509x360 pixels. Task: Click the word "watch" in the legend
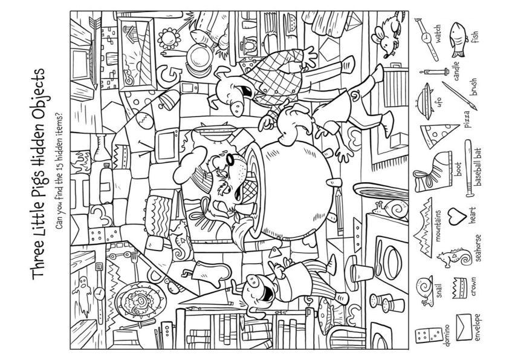[x=438, y=34]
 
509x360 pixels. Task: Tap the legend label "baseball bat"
[x=478, y=167]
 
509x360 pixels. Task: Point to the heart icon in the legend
[x=458, y=217]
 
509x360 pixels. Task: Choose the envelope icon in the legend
[x=464, y=327]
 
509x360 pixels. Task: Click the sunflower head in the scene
[x=169, y=39]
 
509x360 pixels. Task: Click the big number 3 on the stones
[x=100, y=215]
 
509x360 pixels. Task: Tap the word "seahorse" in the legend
[x=478, y=247]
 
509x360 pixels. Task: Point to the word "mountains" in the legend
[x=438, y=226]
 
